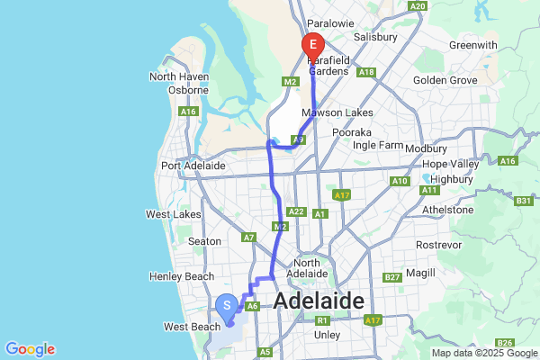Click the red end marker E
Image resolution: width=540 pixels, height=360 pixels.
coord(313,43)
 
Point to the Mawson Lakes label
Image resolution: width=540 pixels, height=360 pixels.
coord(331,113)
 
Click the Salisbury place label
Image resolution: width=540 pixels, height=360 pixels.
coord(375,38)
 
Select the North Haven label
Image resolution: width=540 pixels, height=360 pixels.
coord(179,76)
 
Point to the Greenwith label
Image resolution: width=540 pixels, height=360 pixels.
coord(472,44)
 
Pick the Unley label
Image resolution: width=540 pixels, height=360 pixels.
coord(328,335)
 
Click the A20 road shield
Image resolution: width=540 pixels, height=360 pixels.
coord(417,6)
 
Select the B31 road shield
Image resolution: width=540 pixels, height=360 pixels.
coord(526,202)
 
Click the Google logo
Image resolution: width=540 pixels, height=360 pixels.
coord(30,349)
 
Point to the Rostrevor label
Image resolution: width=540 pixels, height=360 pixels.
coord(440,245)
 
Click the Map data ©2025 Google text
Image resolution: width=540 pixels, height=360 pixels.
coord(484,353)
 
